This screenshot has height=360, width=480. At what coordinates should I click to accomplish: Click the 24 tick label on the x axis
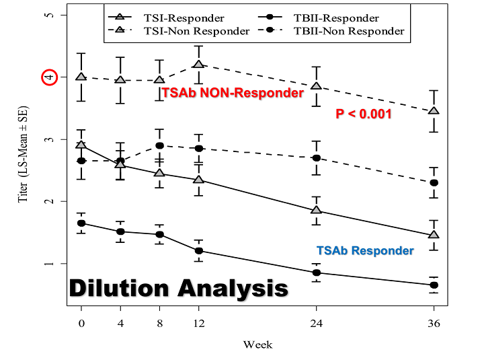(x=316, y=322)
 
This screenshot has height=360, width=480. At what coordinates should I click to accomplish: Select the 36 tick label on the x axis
(x=434, y=322)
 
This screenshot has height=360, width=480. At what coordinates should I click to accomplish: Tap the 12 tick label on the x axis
(x=198, y=322)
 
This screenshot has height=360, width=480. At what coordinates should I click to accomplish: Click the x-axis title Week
(x=257, y=345)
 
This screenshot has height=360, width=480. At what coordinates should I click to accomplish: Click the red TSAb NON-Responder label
(x=233, y=94)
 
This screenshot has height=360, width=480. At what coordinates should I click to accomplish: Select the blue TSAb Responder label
(x=365, y=250)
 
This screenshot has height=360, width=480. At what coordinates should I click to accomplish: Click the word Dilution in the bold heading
(x=120, y=288)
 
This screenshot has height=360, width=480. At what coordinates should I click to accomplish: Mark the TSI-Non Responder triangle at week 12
(x=198, y=65)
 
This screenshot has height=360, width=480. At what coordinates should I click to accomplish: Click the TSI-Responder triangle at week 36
(x=434, y=235)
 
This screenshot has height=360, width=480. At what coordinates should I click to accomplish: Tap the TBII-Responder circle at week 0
(x=81, y=223)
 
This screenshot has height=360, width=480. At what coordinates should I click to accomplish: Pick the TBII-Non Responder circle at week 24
(x=316, y=157)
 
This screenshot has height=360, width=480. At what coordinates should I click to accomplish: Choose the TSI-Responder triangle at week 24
(x=316, y=210)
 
